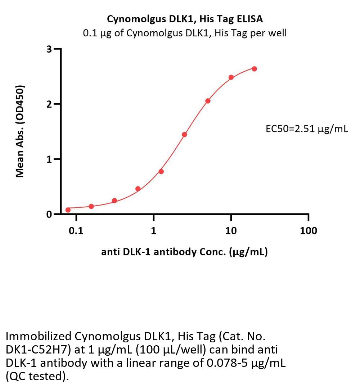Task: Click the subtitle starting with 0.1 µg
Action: (x=185, y=33)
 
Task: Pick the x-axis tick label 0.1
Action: (x=76, y=231)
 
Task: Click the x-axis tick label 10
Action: (x=231, y=231)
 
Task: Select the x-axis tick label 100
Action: (x=309, y=231)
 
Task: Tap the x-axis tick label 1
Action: (x=154, y=231)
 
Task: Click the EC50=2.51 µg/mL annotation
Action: (x=307, y=129)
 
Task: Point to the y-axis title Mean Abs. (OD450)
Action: (x=21, y=131)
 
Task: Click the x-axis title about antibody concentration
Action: (x=184, y=252)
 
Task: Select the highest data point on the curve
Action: (x=254, y=69)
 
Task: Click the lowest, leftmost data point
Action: (x=68, y=210)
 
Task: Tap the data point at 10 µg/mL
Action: (x=231, y=77)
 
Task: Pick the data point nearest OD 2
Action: (x=208, y=101)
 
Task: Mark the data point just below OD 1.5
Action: (x=184, y=135)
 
